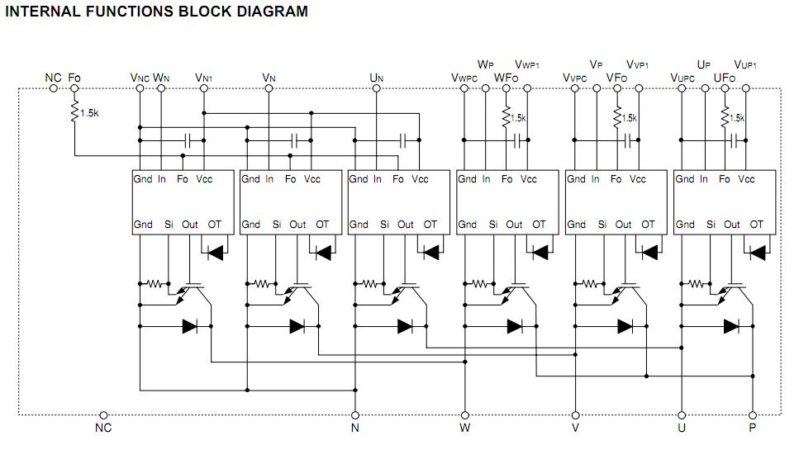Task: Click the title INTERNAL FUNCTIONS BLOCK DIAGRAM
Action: (x=157, y=12)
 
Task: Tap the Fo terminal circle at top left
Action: (x=74, y=89)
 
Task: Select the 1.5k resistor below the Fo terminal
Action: (x=75, y=111)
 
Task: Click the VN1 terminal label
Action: (x=204, y=78)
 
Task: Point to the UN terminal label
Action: (x=377, y=78)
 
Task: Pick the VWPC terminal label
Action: (x=464, y=78)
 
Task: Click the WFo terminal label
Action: (x=506, y=78)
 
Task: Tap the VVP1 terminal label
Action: (x=637, y=64)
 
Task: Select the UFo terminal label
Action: (x=724, y=78)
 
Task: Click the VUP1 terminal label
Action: (x=746, y=64)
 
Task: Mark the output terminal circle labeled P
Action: (x=753, y=414)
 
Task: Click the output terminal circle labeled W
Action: (x=465, y=414)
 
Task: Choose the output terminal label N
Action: (x=355, y=428)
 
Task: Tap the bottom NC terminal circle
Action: (x=103, y=414)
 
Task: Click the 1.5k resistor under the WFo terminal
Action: (x=507, y=118)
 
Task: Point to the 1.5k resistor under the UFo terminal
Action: (x=725, y=118)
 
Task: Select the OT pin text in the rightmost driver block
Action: (x=757, y=225)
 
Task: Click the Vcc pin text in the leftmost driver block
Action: (x=204, y=179)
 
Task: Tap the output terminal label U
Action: (x=682, y=428)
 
